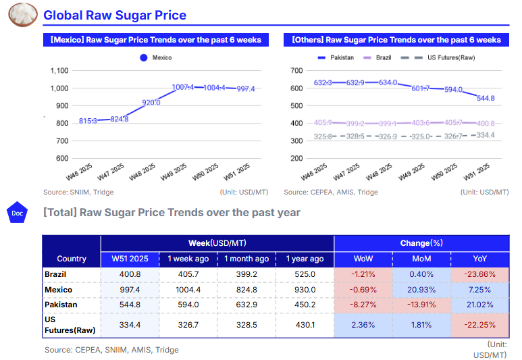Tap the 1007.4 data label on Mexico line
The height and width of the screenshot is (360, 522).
183,87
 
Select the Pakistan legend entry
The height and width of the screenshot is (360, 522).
336,58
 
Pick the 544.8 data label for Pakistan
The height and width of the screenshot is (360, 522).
486,98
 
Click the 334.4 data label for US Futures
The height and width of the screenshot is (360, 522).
486,135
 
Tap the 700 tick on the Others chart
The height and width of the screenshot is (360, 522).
296,70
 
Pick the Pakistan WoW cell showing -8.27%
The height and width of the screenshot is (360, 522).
363,305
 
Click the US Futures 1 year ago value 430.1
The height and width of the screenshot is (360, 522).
305,325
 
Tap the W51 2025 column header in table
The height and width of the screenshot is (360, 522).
130,259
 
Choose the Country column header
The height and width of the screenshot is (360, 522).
72,259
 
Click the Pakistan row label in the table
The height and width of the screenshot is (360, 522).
61,305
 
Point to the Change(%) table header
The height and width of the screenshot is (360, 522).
421,243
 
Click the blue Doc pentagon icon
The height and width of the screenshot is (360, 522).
17,213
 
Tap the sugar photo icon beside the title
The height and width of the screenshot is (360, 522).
22,15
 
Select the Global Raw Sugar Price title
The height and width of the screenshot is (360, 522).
115,16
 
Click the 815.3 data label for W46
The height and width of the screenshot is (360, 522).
88,121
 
